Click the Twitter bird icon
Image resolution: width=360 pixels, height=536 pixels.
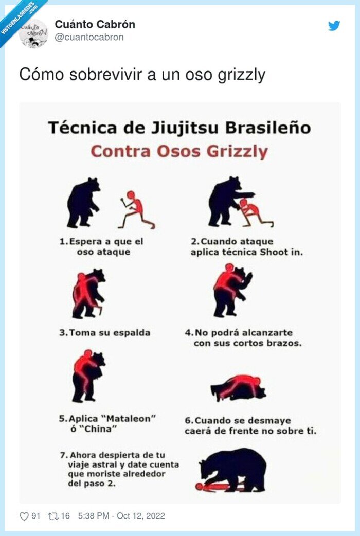click(x=334, y=26)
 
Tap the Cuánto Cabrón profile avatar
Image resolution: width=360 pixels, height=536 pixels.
click(x=33, y=33)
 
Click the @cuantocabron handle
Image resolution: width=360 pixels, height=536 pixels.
click(x=89, y=37)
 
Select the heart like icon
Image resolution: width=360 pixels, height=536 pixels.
click(x=24, y=516)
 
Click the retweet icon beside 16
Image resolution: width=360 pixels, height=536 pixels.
click(x=52, y=516)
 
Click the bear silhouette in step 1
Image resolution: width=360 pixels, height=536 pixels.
click(x=83, y=203)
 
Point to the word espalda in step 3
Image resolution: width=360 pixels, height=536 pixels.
click(x=130, y=333)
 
